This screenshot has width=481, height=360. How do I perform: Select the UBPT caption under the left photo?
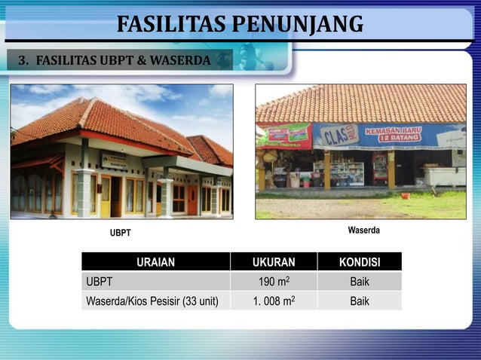[121, 233]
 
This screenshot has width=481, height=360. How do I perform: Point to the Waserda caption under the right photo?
[363, 229]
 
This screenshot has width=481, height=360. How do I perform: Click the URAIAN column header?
[156, 262]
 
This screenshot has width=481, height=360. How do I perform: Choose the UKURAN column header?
[274, 262]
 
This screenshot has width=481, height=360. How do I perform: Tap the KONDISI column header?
[360, 262]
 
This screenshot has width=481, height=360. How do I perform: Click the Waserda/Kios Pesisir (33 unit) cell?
[152, 301]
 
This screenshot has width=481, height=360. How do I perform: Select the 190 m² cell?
[274, 282]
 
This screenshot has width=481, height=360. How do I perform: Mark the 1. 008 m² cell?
[274, 301]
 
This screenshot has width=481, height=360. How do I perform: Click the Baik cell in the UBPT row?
[360, 282]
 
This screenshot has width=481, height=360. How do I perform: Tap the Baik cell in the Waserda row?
[360, 301]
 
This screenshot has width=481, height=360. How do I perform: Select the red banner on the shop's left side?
[287, 136]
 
